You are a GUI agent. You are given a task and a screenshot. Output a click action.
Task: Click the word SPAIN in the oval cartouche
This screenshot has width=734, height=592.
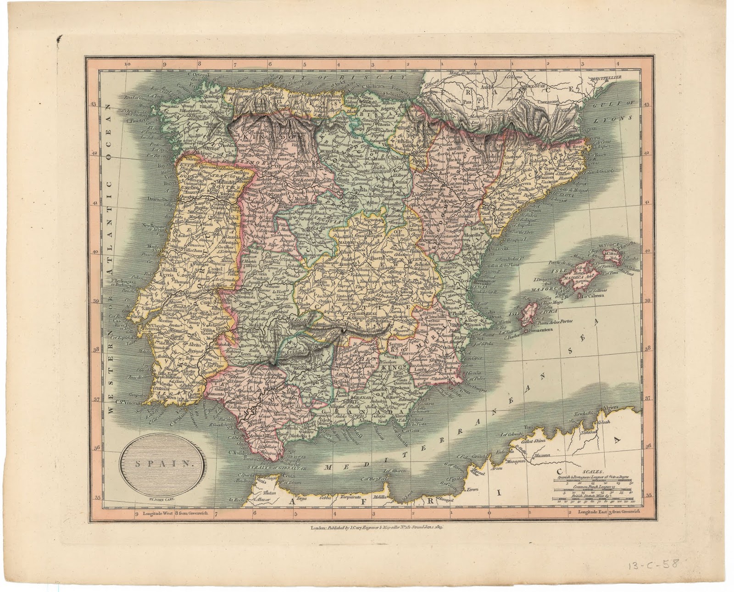pos(163,463)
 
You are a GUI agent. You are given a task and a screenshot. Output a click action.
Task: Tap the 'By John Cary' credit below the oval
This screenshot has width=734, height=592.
pos(163,494)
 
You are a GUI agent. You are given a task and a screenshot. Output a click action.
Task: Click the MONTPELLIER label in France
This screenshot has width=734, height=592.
pos(606,78)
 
